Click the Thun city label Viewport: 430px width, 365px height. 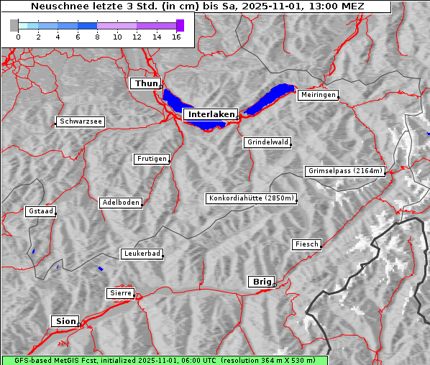click(x=146, y=83)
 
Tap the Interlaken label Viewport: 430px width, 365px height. click(x=210, y=114)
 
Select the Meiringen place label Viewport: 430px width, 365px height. click(x=317, y=95)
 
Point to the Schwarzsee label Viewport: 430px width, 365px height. click(x=81, y=121)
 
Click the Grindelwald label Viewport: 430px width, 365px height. click(x=267, y=142)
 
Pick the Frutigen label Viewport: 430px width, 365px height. click(x=151, y=159)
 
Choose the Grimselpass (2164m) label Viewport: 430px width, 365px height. click(x=345, y=171)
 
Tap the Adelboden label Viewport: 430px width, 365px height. click(x=120, y=203)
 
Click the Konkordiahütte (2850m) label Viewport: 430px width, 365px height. click(x=251, y=198)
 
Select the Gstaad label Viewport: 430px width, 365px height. click(x=40, y=211)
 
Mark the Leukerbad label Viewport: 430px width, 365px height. click(x=141, y=254)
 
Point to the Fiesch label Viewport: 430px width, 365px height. click(x=306, y=244)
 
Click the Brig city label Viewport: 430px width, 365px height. click(x=260, y=282)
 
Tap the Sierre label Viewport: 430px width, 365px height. click(x=120, y=293)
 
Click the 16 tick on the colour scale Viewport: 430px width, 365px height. click(x=176, y=37)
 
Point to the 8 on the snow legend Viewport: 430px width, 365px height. click(x=97, y=37)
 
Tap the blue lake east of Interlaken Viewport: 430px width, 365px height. click(x=271, y=98)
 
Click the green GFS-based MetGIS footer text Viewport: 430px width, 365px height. click(x=164, y=360)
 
